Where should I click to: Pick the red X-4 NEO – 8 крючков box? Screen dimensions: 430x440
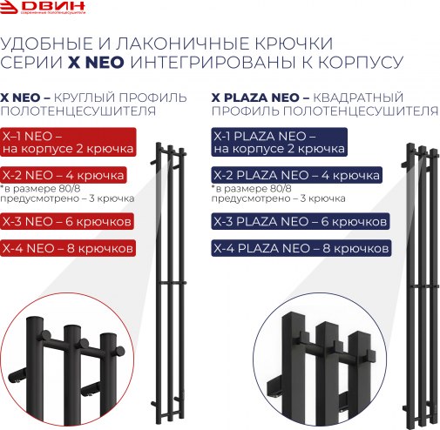click(x=68, y=249)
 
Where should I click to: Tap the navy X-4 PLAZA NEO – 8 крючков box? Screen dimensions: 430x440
click(x=302, y=249)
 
